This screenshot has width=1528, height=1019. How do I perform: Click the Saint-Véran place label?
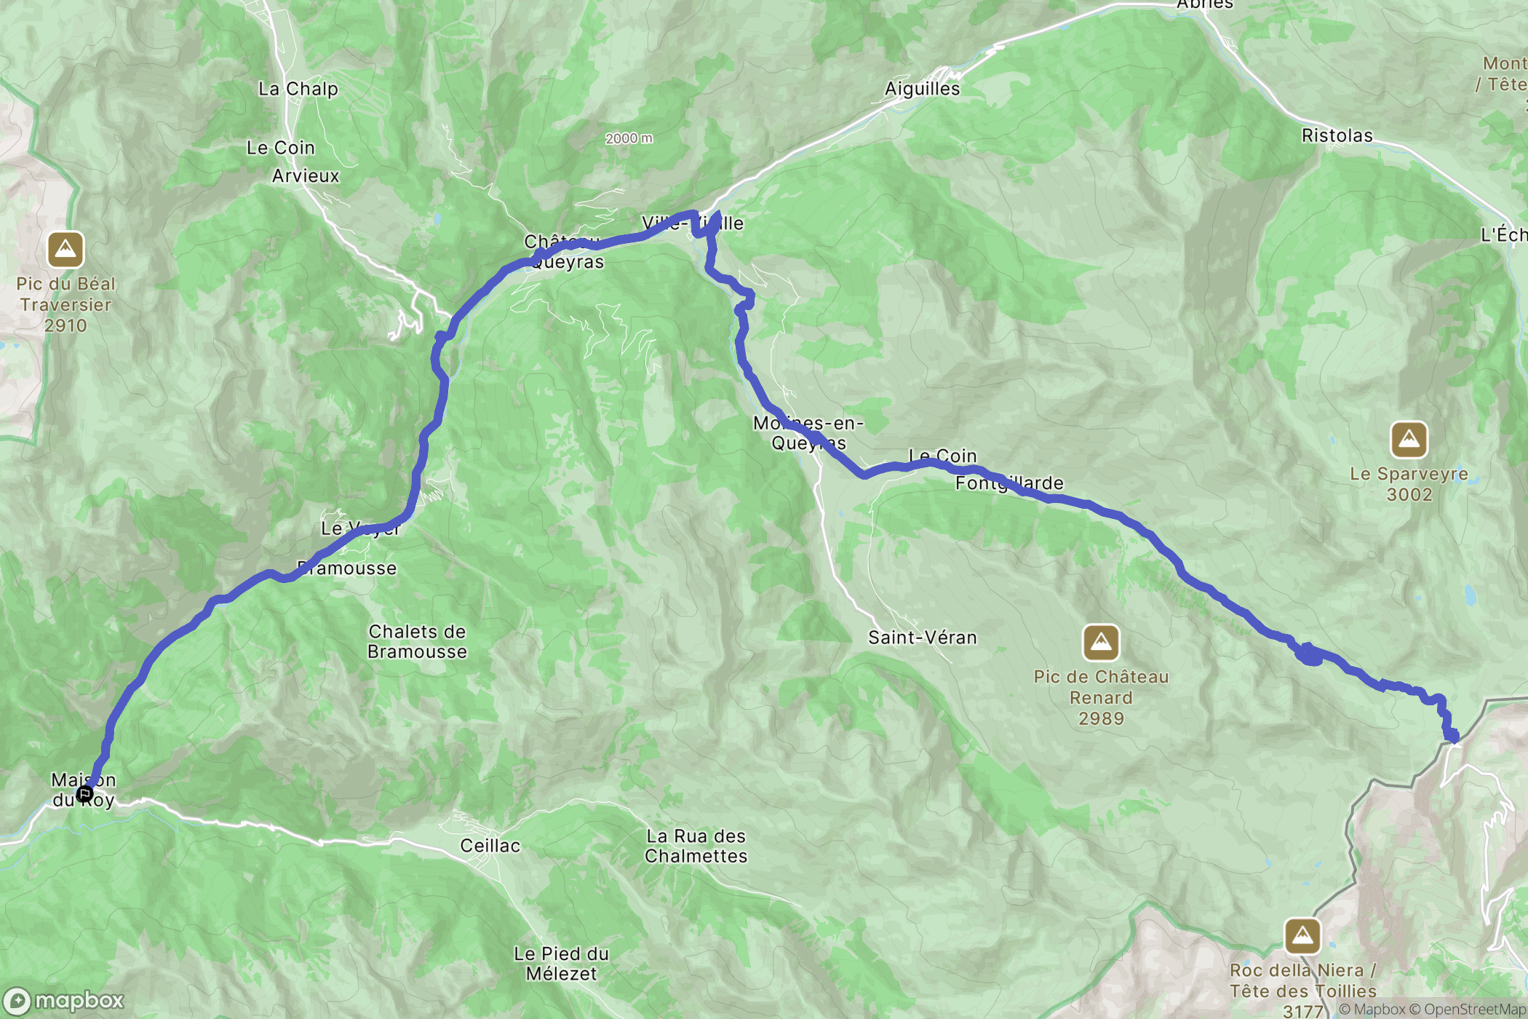pos(922,638)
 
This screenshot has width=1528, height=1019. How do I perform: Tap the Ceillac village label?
pos(490,846)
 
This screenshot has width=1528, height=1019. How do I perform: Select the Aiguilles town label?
pos(922,89)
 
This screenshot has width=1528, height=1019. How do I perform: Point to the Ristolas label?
pos(1337,136)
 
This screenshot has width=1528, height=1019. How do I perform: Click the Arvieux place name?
pos(306,176)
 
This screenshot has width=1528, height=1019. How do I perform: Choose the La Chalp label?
pos(298,89)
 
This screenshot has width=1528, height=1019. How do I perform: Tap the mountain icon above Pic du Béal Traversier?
pos(65,250)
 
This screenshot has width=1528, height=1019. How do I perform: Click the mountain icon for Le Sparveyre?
pos(1409,440)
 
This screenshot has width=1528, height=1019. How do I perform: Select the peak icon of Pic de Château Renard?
pos(1101,643)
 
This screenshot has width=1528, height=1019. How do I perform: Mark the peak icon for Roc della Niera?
pos(1302,936)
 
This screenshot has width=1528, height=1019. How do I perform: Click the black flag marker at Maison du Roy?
pos(84,793)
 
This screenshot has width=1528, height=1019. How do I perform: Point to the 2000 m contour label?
pos(629,138)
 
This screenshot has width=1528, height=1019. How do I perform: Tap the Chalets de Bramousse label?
pos(417,642)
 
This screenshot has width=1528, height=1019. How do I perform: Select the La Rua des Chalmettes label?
pos(696,846)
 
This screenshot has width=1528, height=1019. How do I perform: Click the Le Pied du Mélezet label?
pos(561,964)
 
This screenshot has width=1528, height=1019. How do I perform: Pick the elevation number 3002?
pos(1409,495)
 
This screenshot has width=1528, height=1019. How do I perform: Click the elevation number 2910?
pos(65,326)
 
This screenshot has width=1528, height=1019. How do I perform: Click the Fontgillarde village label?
pos(1009,483)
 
